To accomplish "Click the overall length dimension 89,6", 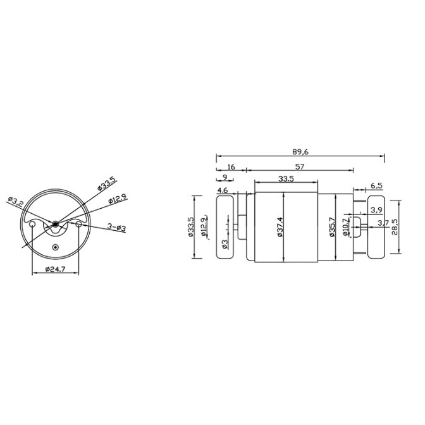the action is [x=300, y=152].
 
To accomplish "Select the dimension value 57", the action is [x=300, y=167].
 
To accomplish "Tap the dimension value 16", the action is [x=231, y=167].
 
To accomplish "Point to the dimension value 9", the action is [x=225, y=177].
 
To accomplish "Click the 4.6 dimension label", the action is [x=223, y=190].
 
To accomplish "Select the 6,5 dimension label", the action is [x=376, y=186].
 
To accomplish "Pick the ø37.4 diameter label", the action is [x=280, y=227].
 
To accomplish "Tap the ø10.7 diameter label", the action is [x=345, y=227].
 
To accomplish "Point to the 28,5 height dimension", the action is [x=395, y=227].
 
